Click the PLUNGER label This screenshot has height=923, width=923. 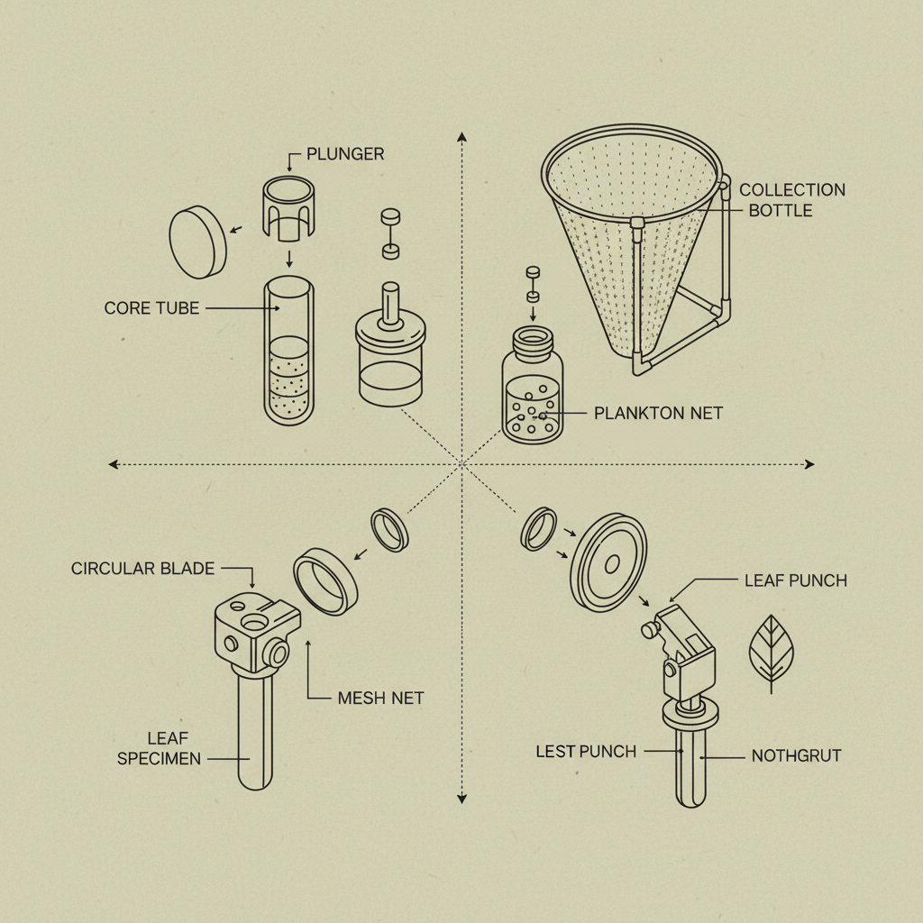click(345, 154)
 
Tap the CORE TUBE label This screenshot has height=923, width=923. click(151, 308)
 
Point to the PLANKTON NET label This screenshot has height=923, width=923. click(658, 414)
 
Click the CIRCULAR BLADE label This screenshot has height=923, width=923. click(142, 569)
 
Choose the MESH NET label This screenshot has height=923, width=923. click(379, 698)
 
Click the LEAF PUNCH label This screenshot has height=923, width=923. click(795, 580)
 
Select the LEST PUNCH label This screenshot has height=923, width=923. click(586, 751)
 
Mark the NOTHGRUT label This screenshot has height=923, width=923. click(796, 755)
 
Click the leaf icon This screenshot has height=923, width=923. click(772, 651)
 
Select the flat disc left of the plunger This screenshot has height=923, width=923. click(197, 241)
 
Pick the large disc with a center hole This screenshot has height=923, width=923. click(609, 562)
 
